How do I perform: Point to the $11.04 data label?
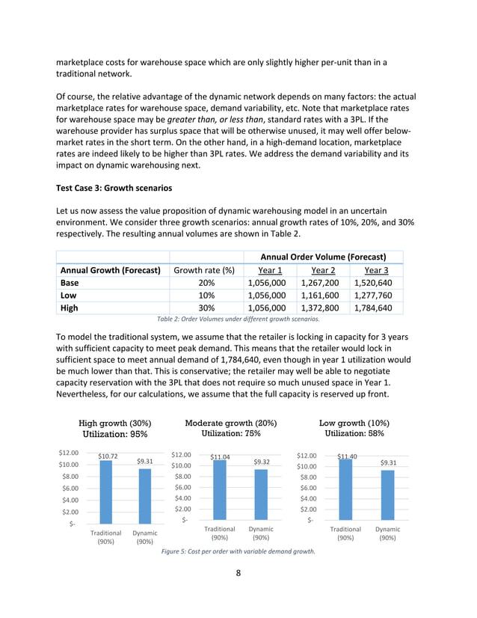click(219, 456)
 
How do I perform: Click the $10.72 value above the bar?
click(108, 456)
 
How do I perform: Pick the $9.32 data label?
click(262, 462)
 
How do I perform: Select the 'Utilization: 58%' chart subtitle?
click(354, 433)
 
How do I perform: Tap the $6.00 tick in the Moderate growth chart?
click(182, 487)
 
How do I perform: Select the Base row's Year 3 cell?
click(375, 284)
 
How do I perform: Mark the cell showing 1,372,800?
click(321, 308)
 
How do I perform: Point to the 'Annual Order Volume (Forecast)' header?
click(323, 257)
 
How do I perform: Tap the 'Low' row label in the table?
click(70, 296)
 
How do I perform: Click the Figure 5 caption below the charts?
click(238, 551)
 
